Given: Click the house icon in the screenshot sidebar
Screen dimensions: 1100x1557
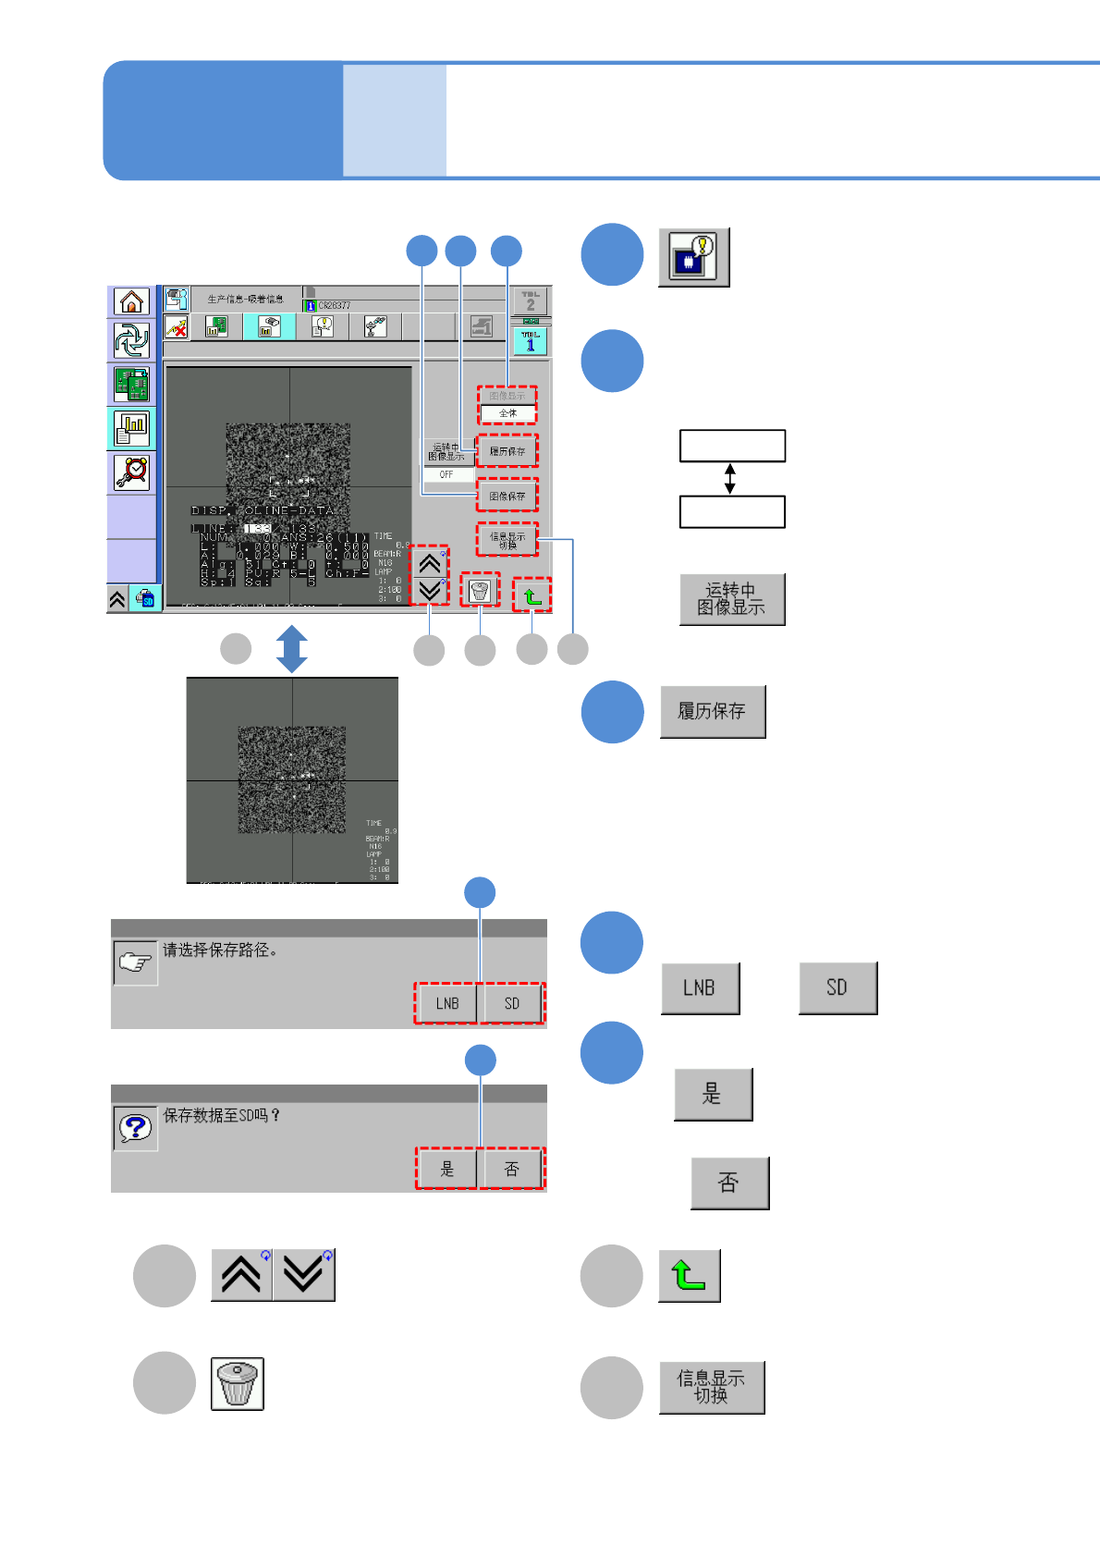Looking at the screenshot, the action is (132, 301).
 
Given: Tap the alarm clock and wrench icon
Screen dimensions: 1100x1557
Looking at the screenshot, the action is (132, 472).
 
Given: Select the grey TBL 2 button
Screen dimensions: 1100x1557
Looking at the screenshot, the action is (531, 301).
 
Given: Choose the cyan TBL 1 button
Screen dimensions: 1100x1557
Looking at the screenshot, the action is (531, 341).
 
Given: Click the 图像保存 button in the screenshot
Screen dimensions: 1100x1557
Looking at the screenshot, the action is (507, 497).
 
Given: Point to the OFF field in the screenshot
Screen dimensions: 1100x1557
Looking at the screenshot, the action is (447, 474).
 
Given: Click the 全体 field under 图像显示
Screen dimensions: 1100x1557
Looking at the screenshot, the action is (507, 413).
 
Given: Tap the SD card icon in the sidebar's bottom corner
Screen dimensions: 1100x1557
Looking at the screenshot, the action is (146, 599).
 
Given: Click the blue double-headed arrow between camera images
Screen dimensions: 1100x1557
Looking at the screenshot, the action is (292, 649).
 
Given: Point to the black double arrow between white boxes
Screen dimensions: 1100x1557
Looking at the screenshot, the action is (730, 478).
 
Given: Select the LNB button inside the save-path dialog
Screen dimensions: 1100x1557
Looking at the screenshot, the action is (447, 1003).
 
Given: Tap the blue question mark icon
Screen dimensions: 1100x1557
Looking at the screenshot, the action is (135, 1128).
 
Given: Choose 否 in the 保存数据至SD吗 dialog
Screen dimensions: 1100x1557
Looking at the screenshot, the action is (511, 1170).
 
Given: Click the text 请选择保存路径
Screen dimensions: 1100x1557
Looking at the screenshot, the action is (220, 950).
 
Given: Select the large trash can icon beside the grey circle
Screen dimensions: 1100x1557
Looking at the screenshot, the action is (238, 1384).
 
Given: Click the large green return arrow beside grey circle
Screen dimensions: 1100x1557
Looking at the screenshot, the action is (689, 1276).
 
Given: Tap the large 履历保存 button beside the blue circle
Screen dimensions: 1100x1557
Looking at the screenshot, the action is (713, 712).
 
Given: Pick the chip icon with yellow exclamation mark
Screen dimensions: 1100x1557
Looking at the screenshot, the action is (693, 257).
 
